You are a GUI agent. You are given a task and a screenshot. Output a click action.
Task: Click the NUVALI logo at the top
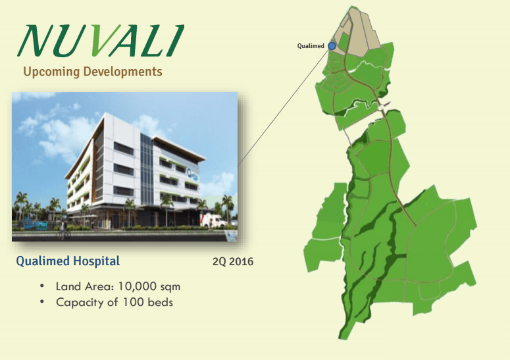point(100,41)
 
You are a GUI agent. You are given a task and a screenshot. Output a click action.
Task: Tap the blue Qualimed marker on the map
point(332,45)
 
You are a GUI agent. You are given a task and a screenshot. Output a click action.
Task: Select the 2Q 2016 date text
point(232,262)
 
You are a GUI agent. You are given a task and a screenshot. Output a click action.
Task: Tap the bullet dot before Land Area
point(42,287)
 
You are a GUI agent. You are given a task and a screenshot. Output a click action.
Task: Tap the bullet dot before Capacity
point(42,303)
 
